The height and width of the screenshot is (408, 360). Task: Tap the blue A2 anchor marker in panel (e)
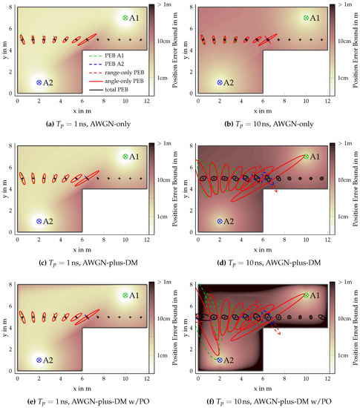(x=39, y=360)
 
